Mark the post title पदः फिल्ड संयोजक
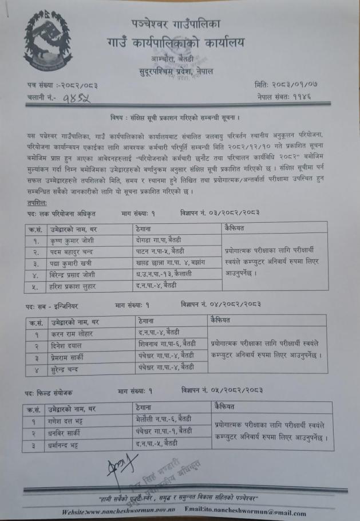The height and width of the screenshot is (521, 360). point(56,392)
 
